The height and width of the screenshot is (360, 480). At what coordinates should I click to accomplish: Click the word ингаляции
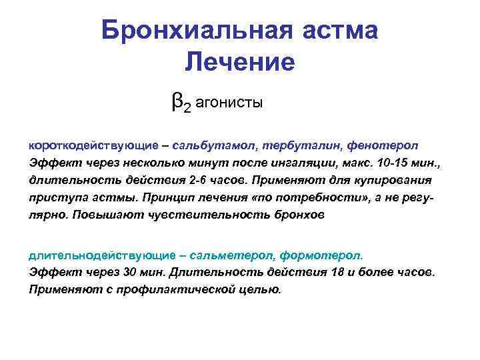pos(307,163)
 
